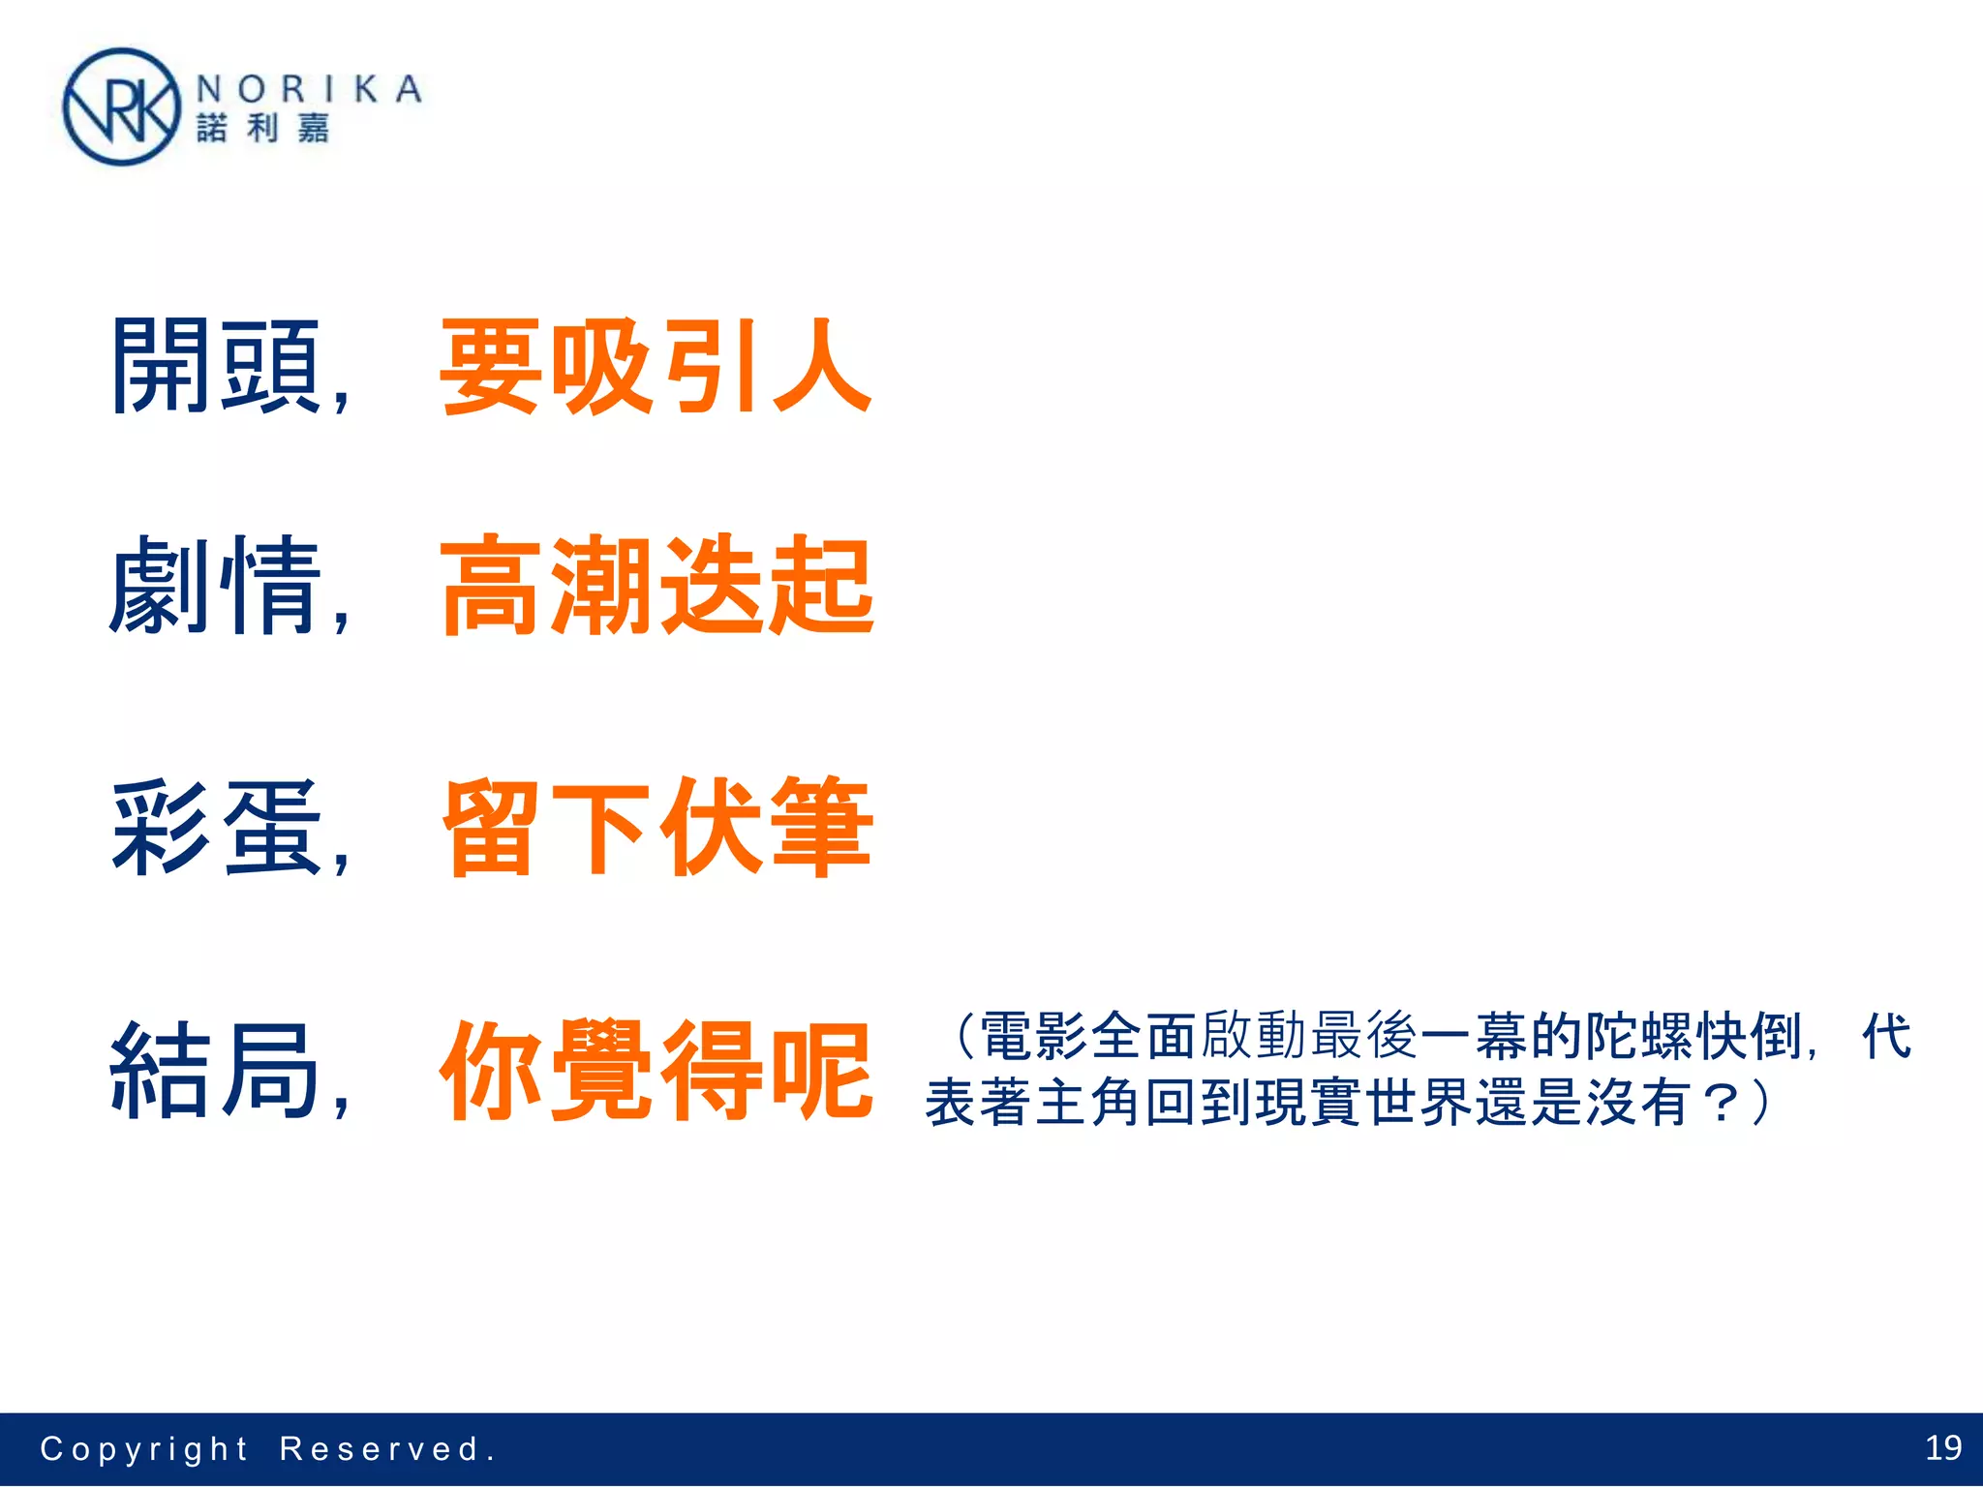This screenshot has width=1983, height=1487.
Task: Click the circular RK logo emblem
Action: pos(121,107)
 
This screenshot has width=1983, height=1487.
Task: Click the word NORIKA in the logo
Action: pos(309,90)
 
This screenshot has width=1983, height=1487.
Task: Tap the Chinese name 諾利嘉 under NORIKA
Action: pos(263,128)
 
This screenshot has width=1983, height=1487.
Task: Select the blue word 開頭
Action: pos(216,367)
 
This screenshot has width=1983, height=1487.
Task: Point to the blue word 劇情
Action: pos(216,585)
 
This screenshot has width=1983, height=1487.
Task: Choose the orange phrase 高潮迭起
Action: pos(656,585)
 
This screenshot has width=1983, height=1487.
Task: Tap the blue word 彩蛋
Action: pos(216,828)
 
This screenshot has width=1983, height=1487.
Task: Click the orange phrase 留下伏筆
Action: pos(656,828)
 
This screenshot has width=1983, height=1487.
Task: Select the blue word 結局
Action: pos(216,1071)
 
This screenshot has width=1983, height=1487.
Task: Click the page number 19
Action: pos(1942,1447)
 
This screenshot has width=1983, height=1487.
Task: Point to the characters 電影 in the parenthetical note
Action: pos(1034,1036)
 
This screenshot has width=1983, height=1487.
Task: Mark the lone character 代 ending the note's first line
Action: pos(1886,1036)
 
